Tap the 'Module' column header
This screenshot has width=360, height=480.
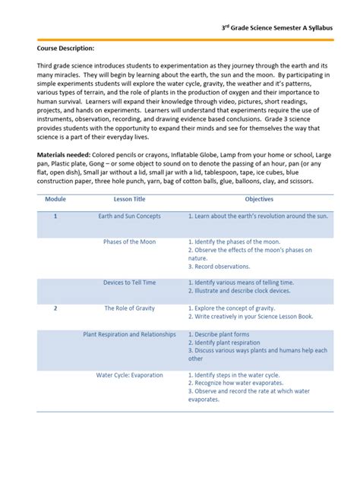pyautogui.click(x=55, y=198)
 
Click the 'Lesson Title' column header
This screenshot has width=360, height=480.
pyautogui.click(x=129, y=198)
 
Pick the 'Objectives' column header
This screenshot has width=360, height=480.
pyautogui.click(x=259, y=198)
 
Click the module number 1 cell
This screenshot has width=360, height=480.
pyautogui.click(x=55, y=216)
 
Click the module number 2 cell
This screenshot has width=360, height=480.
pyautogui.click(x=55, y=308)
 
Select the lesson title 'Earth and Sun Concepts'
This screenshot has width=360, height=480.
pyautogui.click(x=129, y=216)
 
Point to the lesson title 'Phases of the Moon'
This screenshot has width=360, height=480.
pyautogui.click(x=129, y=242)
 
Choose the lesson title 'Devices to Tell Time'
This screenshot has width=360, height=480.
pyautogui.click(x=129, y=283)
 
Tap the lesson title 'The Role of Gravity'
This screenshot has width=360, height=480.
pyautogui.click(x=129, y=308)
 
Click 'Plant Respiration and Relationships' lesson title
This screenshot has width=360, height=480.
pyautogui.click(x=129, y=334)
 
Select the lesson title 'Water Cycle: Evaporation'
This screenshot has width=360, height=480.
pyautogui.click(x=129, y=375)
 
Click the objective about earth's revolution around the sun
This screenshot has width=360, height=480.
pyautogui.click(x=258, y=216)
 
